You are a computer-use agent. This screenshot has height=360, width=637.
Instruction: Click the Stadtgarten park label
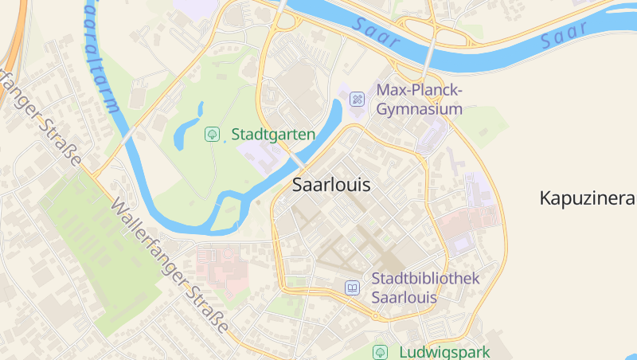point(272,134)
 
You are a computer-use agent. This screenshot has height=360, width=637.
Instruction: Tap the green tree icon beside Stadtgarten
point(213,134)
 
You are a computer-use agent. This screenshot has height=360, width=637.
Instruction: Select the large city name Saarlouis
point(331,185)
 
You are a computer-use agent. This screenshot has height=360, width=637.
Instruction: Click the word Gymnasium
point(419,109)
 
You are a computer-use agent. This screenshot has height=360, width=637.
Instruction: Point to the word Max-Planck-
point(419,90)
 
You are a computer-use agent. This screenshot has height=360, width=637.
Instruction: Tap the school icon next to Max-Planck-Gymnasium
point(358,100)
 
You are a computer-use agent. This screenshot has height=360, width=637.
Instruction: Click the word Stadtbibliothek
point(425,279)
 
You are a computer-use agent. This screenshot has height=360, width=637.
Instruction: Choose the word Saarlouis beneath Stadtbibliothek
point(404,298)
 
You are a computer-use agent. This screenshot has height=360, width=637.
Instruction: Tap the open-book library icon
point(352,288)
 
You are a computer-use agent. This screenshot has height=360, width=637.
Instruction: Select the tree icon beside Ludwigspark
point(381,351)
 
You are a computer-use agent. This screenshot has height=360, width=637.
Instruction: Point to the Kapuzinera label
point(587,198)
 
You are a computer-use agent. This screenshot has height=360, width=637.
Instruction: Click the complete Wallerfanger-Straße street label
point(170,266)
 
